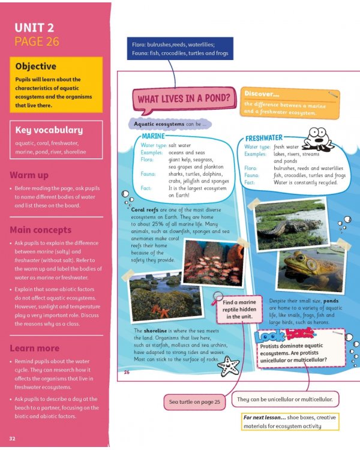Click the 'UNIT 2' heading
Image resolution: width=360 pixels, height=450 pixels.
tap(35, 28)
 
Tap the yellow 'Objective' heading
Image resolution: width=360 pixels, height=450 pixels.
tap(35, 67)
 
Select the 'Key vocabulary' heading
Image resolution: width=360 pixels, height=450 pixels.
tap(49, 130)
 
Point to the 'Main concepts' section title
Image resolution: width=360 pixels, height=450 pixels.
tap(40, 230)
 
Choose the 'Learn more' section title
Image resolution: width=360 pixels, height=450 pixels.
tap(35, 348)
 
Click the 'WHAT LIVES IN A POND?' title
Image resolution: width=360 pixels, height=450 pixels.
tap(184, 98)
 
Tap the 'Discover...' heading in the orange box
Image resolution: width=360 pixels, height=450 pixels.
tap(262, 94)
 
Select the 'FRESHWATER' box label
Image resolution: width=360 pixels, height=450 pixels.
tap(263, 139)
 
